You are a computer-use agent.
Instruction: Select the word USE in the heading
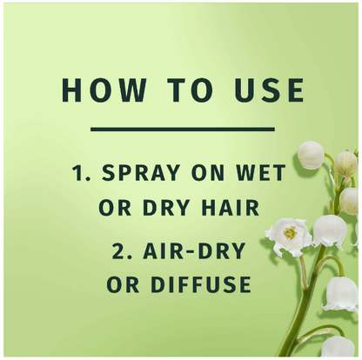pyautogui.click(x=270, y=90)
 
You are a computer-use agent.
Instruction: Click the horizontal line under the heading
pyautogui.click(x=183, y=130)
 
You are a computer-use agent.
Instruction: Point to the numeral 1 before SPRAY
pyautogui.click(x=78, y=172)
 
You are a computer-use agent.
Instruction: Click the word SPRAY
pyautogui.click(x=141, y=172)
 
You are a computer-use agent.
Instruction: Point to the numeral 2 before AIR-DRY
pyautogui.click(x=118, y=251)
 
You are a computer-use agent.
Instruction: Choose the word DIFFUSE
pyautogui.click(x=201, y=284)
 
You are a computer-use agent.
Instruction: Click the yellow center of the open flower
pyautogui.click(x=290, y=233)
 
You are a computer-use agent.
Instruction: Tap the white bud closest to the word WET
pyautogui.click(x=311, y=155)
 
